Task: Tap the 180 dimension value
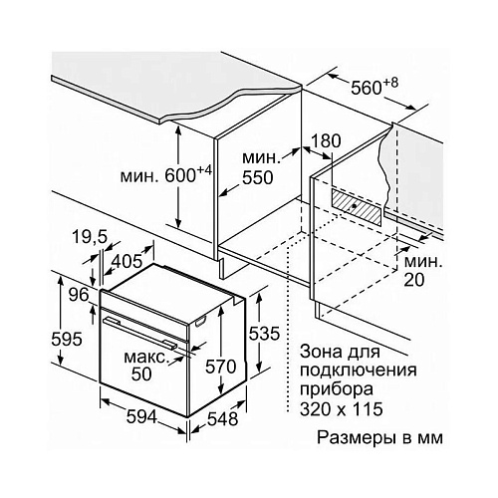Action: (x=326, y=140)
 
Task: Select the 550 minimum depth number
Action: (x=258, y=177)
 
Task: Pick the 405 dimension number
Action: (x=126, y=261)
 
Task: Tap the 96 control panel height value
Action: (x=79, y=295)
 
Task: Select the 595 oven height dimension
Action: (x=67, y=339)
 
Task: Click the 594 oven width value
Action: (x=141, y=416)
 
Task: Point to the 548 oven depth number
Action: (x=223, y=419)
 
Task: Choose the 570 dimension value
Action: (x=221, y=367)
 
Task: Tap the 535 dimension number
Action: (x=264, y=334)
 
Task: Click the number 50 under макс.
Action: (x=141, y=374)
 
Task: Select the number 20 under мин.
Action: (x=414, y=280)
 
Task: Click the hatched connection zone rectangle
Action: (x=358, y=206)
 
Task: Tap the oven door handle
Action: (x=139, y=332)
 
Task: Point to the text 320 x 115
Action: (x=342, y=409)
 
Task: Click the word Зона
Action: (x=320, y=352)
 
